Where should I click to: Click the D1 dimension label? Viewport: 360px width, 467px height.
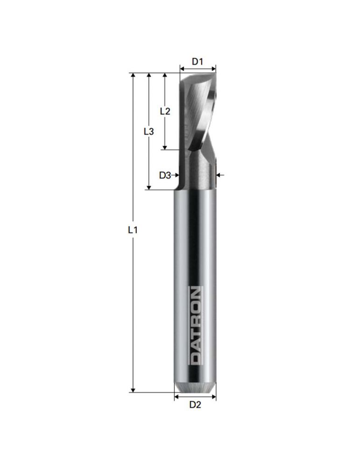pos(197,62)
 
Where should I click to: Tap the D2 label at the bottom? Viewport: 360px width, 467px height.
pos(195,405)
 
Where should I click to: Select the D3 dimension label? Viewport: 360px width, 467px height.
pos(165,176)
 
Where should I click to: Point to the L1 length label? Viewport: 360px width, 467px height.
pos(133,230)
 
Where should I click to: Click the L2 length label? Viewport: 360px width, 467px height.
pos(165,111)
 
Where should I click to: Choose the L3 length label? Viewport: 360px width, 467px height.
pos(148,131)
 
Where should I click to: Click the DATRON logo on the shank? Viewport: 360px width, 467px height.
pos(195,325)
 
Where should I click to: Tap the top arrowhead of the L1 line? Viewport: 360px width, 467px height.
pos(133,75)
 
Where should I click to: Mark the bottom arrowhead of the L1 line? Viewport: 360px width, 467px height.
pos(133,390)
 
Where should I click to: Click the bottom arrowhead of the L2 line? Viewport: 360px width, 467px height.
pos(165,147)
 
